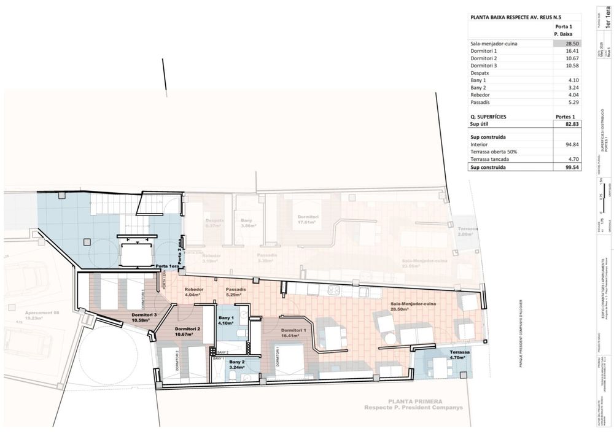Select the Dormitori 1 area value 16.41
(572, 51)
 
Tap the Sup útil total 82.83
(572, 123)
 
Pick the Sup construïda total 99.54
(572, 166)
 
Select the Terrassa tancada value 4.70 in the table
(573, 159)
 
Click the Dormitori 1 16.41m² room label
(290, 333)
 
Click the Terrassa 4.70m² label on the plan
(460, 355)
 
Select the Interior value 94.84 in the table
(572, 144)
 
